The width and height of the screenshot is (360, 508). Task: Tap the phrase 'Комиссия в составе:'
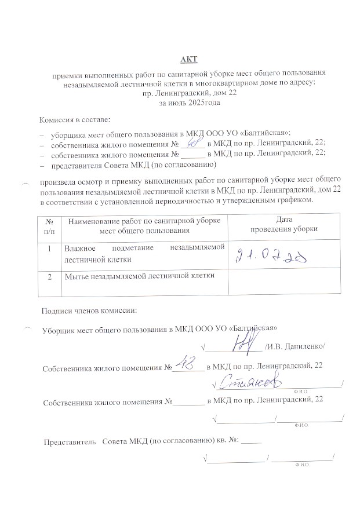74,119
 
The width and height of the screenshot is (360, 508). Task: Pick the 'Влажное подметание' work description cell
144,253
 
